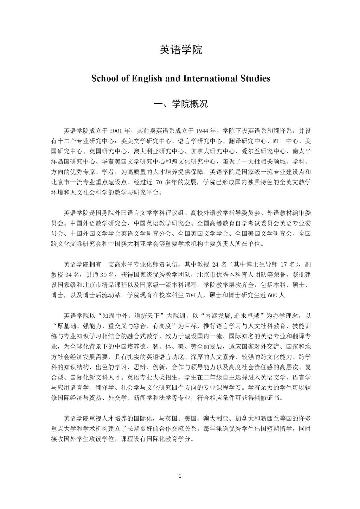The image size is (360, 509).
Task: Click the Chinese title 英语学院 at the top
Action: pyautogui.click(x=181, y=50)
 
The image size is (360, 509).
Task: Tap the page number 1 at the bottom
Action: pyautogui.click(x=180, y=476)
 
